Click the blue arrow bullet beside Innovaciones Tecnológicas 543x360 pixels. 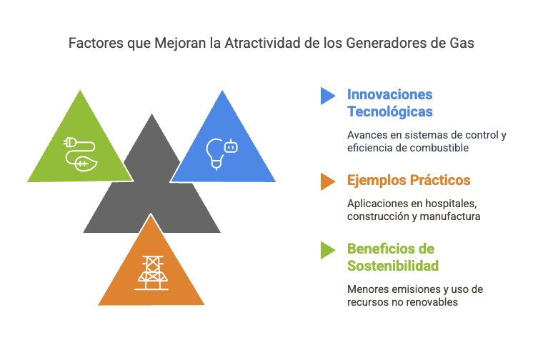(x=328, y=96)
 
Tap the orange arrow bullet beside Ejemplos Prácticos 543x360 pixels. (x=328, y=181)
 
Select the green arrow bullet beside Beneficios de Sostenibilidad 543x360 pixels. (x=328, y=250)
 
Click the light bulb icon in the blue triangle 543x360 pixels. (x=215, y=154)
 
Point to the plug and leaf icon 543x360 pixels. (x=80, y=154)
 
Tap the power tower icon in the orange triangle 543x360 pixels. (x=151, y=273)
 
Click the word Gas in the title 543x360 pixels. (x=462, y=44)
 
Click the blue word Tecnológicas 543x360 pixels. (x=390, y=111)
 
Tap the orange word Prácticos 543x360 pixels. (x=440, y=180)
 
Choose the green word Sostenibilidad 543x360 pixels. (x=393, y=266)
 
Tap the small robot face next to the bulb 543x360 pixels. (x=231, y=146)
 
